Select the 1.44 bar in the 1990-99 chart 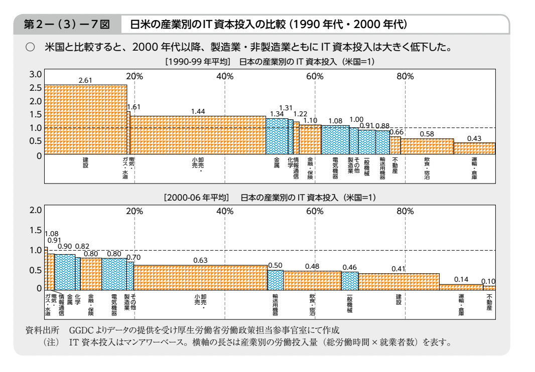[x=198, y=135]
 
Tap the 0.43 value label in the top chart [x=474, y=138]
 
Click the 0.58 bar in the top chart [x=427, y=147]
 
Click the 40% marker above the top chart [x=225, y=76]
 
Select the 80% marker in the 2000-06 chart [x=405, y=211]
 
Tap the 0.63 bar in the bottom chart [x=200, y=277]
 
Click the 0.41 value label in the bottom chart [x=398, y=269]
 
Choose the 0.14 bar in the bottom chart [x=461, y=287]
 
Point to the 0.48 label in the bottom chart [x=312, y=267]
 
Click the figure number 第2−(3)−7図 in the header [x=64, y=24]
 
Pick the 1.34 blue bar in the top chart [x=276, y=136]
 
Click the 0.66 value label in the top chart [x=396, y=132]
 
